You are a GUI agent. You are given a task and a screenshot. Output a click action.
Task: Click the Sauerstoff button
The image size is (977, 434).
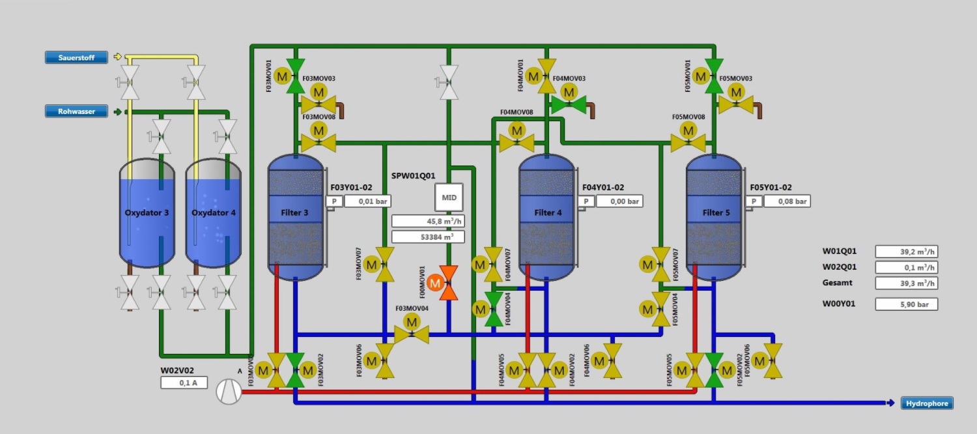76,57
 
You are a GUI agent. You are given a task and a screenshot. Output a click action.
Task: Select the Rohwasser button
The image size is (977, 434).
76,111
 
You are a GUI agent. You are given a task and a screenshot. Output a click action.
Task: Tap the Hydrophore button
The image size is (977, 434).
926,403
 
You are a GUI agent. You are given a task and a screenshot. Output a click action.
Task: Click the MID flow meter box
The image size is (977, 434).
449,197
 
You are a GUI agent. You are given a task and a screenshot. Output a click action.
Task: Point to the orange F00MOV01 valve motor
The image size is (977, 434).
435,283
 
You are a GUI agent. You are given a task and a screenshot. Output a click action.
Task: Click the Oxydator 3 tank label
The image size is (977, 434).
147,213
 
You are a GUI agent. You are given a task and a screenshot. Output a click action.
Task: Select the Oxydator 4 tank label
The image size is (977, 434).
214,213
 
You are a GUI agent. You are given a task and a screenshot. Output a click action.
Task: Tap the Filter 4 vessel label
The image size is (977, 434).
548,213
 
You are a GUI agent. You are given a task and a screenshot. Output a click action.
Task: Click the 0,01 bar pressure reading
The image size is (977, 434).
367,201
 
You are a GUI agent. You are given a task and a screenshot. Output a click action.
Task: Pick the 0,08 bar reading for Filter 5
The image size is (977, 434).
786,201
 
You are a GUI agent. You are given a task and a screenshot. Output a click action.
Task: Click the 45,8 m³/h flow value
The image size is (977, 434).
428,222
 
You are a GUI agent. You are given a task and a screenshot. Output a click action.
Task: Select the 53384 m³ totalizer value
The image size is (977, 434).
428,237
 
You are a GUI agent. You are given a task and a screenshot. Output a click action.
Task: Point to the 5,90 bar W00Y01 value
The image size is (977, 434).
906,304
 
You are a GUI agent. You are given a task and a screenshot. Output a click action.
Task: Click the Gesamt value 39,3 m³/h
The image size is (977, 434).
906,283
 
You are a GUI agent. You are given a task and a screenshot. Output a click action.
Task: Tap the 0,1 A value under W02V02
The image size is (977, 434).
184,383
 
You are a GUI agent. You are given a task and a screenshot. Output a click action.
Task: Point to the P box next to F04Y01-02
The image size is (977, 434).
586,201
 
